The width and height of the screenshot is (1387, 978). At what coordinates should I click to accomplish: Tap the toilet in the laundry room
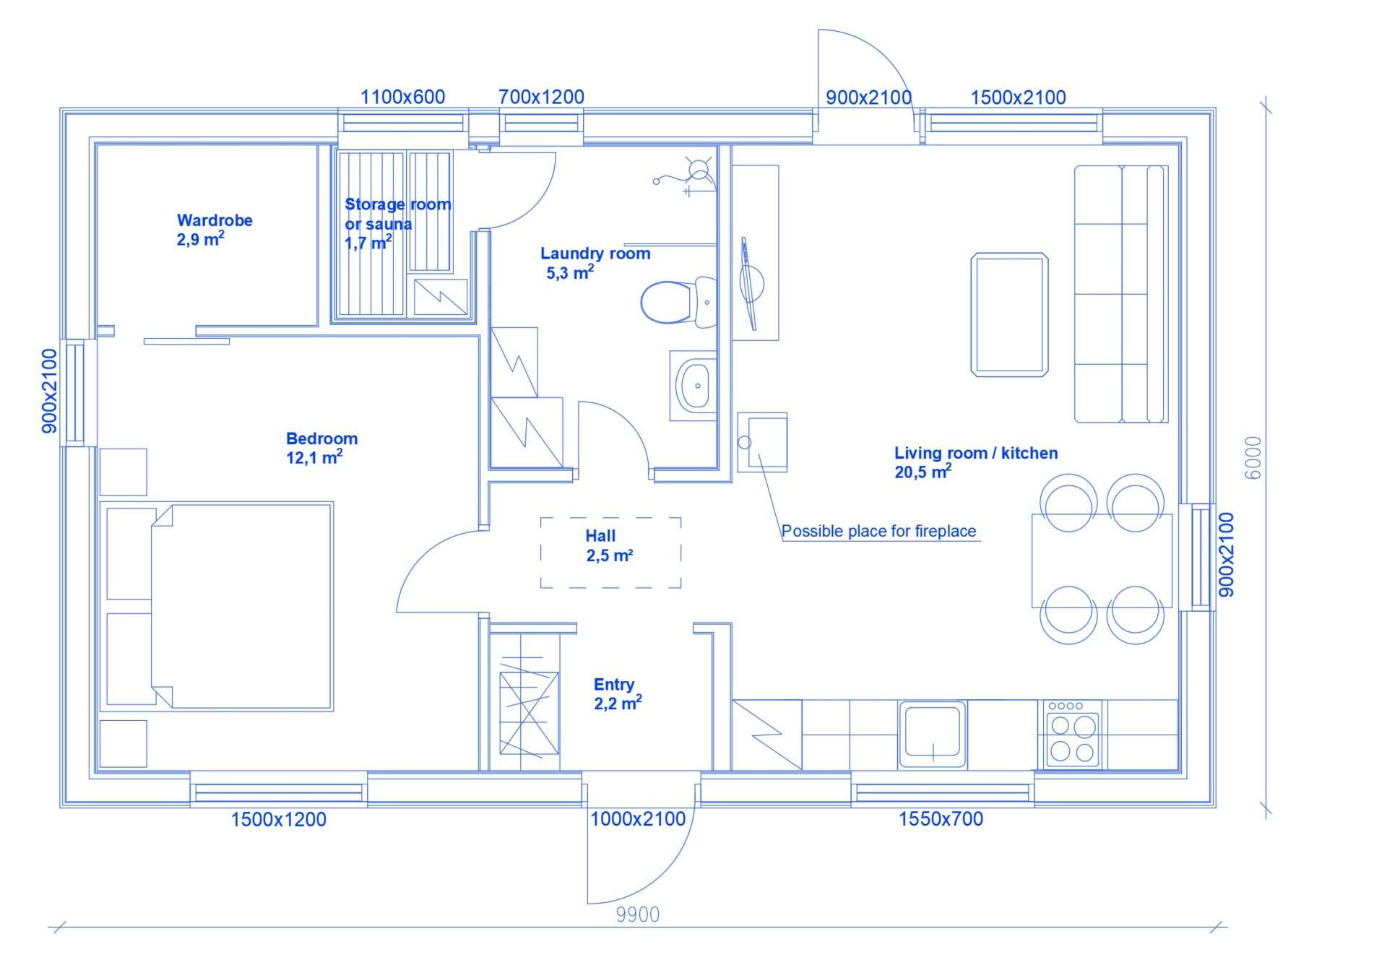(x=678, y=302)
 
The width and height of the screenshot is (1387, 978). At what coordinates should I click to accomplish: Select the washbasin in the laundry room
(x=693, y=385)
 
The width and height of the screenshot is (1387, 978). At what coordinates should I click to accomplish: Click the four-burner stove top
(x=1071, y=735)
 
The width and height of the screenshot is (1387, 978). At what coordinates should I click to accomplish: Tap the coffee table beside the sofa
(x=1009, y=314)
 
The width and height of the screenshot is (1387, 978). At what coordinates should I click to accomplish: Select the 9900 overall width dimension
(x=638, y=915)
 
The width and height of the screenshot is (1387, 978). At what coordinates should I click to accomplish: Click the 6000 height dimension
(x=1253, y=457)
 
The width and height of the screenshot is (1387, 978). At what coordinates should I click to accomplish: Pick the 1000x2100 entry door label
(x=638, y=819)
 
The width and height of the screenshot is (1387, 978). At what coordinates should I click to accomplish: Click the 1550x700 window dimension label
(x=941, y=819)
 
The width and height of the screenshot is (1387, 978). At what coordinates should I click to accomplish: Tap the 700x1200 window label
(x=541, y=97)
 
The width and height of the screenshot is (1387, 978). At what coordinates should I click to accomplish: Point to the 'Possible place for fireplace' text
(x=878, y=532)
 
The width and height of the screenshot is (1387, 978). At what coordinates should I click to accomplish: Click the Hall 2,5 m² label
(x=609, y=546)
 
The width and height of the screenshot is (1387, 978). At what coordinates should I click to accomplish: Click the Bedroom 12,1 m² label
(x=321, y=448)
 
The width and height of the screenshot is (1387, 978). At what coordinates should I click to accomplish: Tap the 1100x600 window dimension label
(x=402, y=97)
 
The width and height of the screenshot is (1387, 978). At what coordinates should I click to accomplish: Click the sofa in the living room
(x=1121, y=294)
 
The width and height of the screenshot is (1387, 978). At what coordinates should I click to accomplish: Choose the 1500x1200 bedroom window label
(x=278, y=820)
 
